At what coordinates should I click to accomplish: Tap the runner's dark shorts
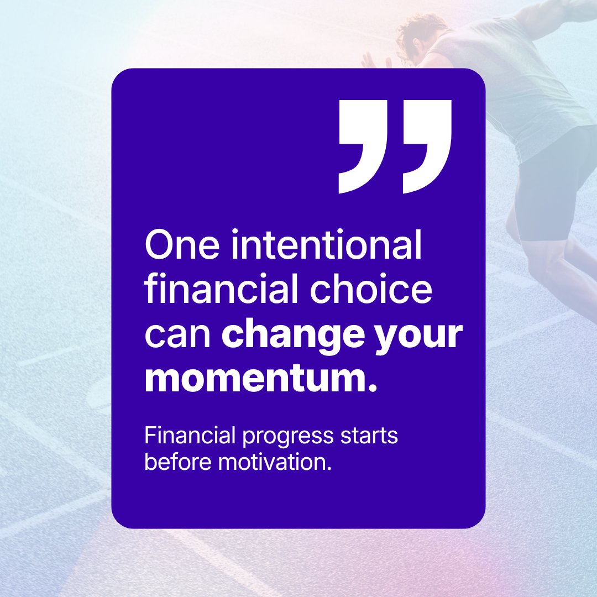click(547, 182)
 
